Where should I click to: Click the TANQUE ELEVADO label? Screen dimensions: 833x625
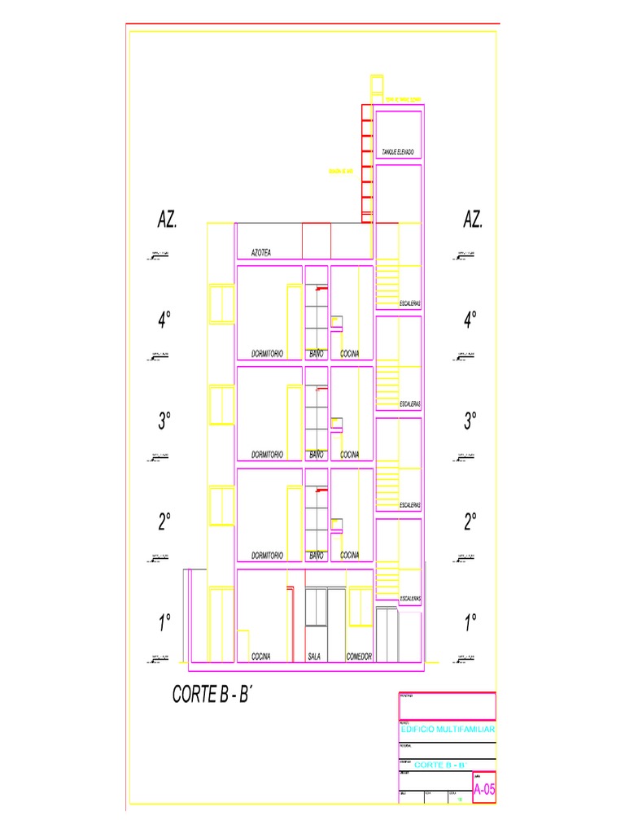[398, 152]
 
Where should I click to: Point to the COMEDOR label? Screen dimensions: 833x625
[359, 656]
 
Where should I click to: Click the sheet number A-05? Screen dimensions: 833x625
[483, 789]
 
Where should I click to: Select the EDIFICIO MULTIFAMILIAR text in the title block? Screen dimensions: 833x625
[447, 731]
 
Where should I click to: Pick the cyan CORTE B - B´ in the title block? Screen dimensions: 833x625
[439, 765]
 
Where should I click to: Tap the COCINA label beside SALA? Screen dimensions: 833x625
[260, 656]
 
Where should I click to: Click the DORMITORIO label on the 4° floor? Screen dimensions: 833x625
[267, 354]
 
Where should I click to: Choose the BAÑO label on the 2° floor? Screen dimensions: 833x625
[317, 555]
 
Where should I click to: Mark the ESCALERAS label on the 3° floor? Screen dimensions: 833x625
[410, 404]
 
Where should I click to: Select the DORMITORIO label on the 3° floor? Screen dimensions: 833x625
[267, 455]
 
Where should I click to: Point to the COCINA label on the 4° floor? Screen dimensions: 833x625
[350, 354]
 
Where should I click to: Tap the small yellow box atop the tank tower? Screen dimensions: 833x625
[376, 84]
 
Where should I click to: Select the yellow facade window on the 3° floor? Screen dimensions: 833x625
[221, 406]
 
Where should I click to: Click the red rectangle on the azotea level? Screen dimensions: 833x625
[317, 240]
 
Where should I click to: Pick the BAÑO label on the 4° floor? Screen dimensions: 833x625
[317, 354]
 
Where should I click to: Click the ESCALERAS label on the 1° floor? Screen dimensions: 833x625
[410, 599]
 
